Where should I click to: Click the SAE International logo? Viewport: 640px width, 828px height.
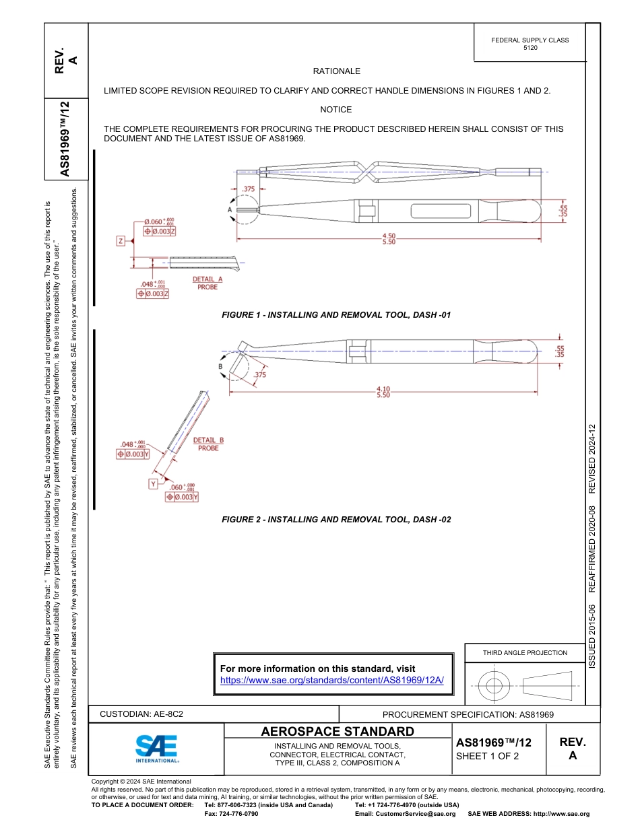pyautogui.click(x=157, y=748)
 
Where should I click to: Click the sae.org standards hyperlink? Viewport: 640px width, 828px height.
pyautogui.click(x=332, y=681)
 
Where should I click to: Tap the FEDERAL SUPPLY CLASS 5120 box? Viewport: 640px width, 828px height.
pyautogui.click(x=530, y=44)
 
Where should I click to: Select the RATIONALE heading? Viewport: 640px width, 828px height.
pyautogui.click(x=336, y=71)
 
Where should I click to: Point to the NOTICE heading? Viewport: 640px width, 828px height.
pyautogui.click(x=335, y=110)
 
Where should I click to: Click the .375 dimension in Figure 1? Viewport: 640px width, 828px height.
pyautogui.click(x=249, y=189)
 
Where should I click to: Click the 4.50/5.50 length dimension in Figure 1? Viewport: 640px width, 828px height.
pyautogui.click(x=389, y=238)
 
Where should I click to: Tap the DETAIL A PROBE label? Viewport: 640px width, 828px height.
pyautogui.click(x=207, y=283)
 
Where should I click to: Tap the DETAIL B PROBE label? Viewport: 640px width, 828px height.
pyautogui.click(x=208, y=444)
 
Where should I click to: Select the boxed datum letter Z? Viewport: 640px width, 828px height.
pyautogui.click(x=121, y=240)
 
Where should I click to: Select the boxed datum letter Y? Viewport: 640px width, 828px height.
pyautogui.click(x=154, y=484)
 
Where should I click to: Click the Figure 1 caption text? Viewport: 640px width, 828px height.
pyautogui.click(x=336, y=315)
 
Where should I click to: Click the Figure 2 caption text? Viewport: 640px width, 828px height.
pyautogui.click(x=336, y=520)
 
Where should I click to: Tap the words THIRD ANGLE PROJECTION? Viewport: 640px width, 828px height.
pyautogui.click(x=525, y=652)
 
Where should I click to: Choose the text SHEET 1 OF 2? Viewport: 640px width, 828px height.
pyautogui.click(x=487, y=756)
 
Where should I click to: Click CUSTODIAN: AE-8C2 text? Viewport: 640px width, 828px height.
pyautogui.click(x=141, y=714)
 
